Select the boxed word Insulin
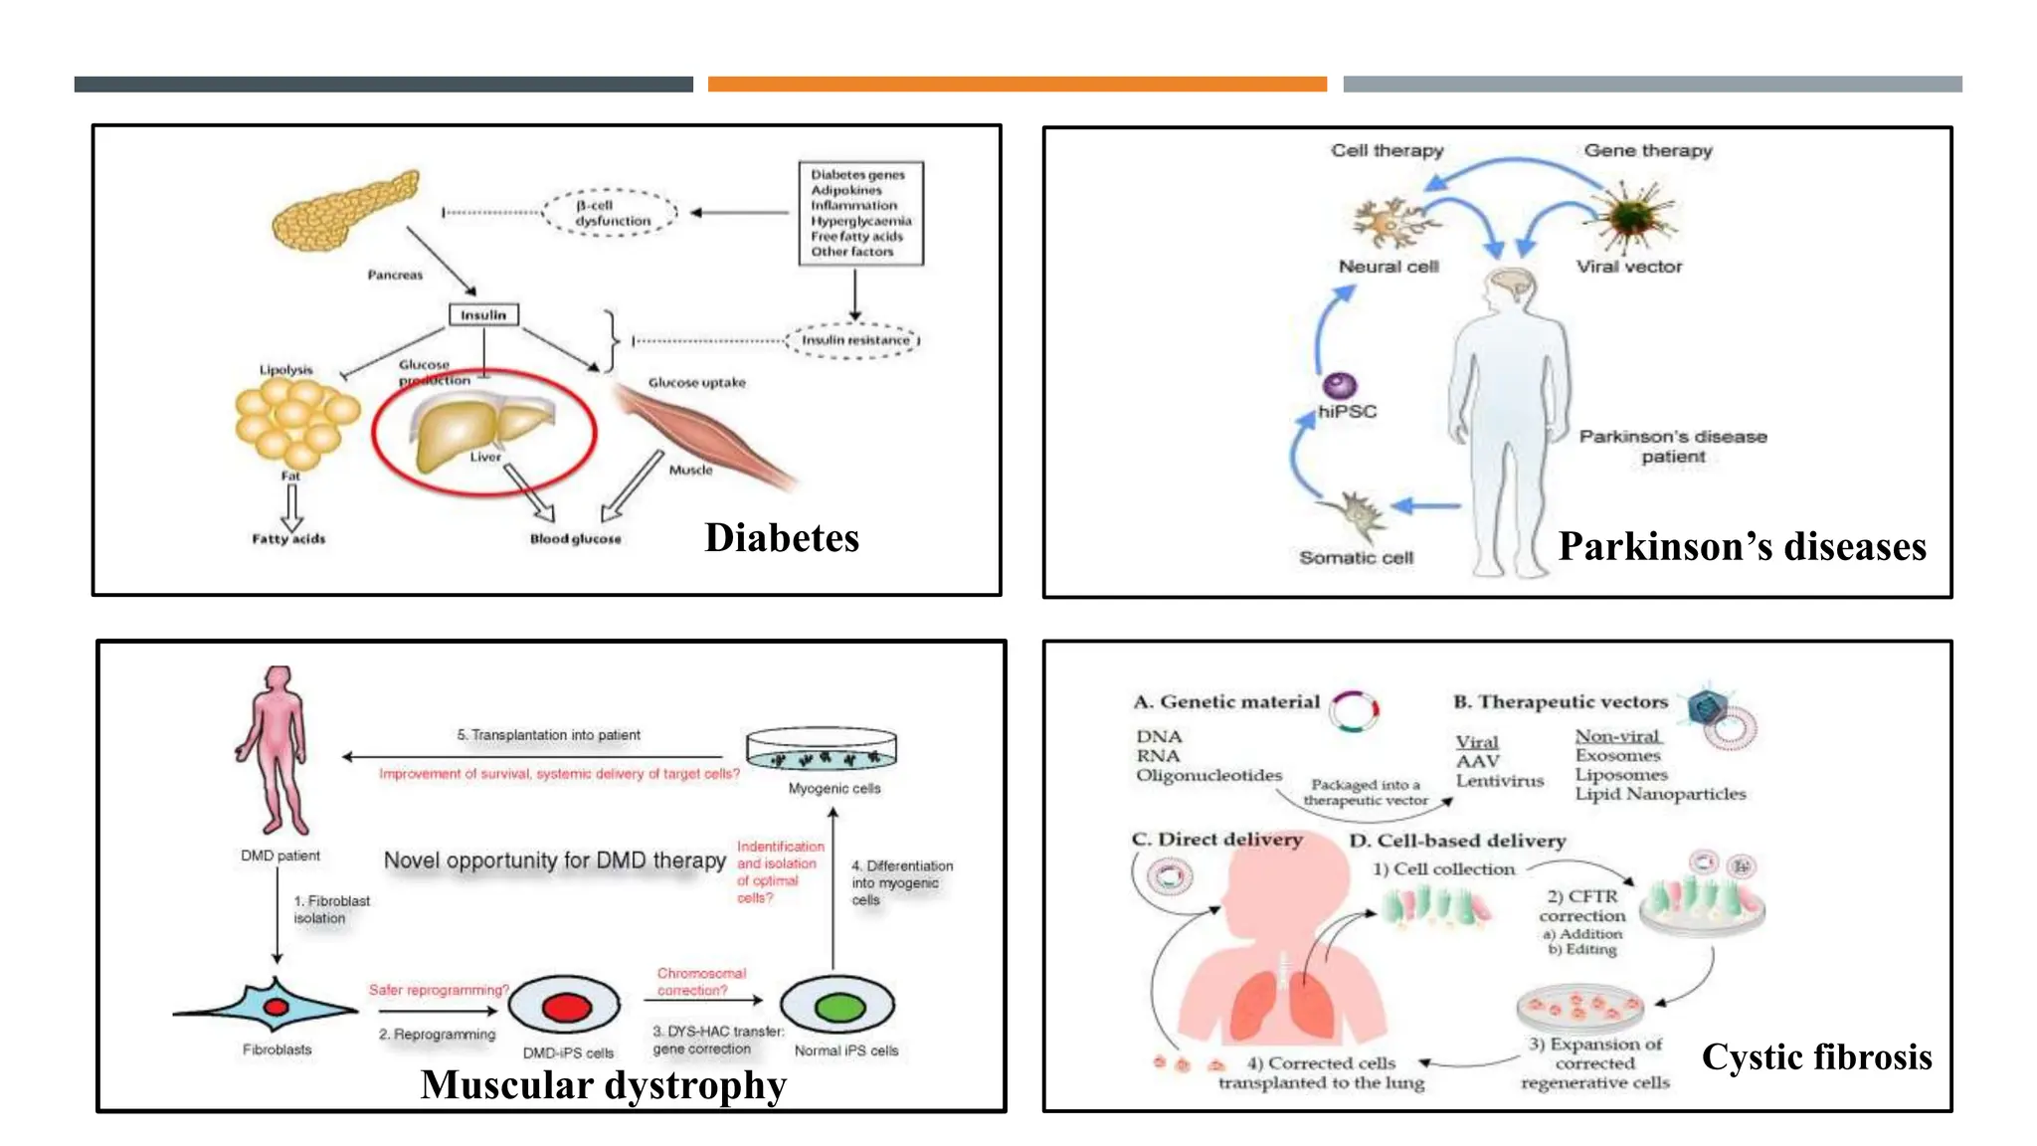point(483,315)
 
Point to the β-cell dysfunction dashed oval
point(610,213)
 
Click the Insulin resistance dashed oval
point(854,340)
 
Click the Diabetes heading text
point(782,538)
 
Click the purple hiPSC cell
point(1340,385)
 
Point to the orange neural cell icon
point(1389,223)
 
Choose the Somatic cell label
point(1356,558)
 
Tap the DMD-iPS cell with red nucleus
point(565,1008)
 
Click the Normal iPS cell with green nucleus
point(838,1008)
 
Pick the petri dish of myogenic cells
point(822,752)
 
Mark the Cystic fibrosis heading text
point(1816,1056)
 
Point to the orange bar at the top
point(1017,85)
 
